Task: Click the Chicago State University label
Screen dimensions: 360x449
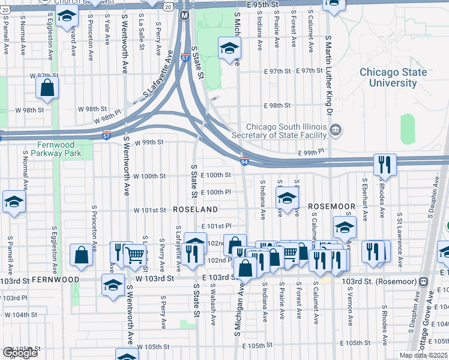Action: pos(393,78)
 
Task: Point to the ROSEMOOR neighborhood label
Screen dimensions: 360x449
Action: pos(332,206)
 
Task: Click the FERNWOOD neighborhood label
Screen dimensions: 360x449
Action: pos(56,280)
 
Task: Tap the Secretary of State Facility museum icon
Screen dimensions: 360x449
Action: pos(336,128)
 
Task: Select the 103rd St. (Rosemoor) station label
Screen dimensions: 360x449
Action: pos(379,281)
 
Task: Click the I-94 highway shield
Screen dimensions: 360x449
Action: pos(244,162)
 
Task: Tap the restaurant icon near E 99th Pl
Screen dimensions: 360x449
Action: pos(384,163)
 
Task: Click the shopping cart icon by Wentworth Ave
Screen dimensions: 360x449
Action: pos(135,254)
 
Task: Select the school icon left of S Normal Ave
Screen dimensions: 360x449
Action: pos(14,202)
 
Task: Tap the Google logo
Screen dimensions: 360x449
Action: pos(20,352)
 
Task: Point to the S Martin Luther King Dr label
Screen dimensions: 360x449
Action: pos(329,75)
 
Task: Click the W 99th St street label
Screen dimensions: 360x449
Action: pos(149,143)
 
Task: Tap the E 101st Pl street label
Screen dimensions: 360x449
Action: pos(216,226)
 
